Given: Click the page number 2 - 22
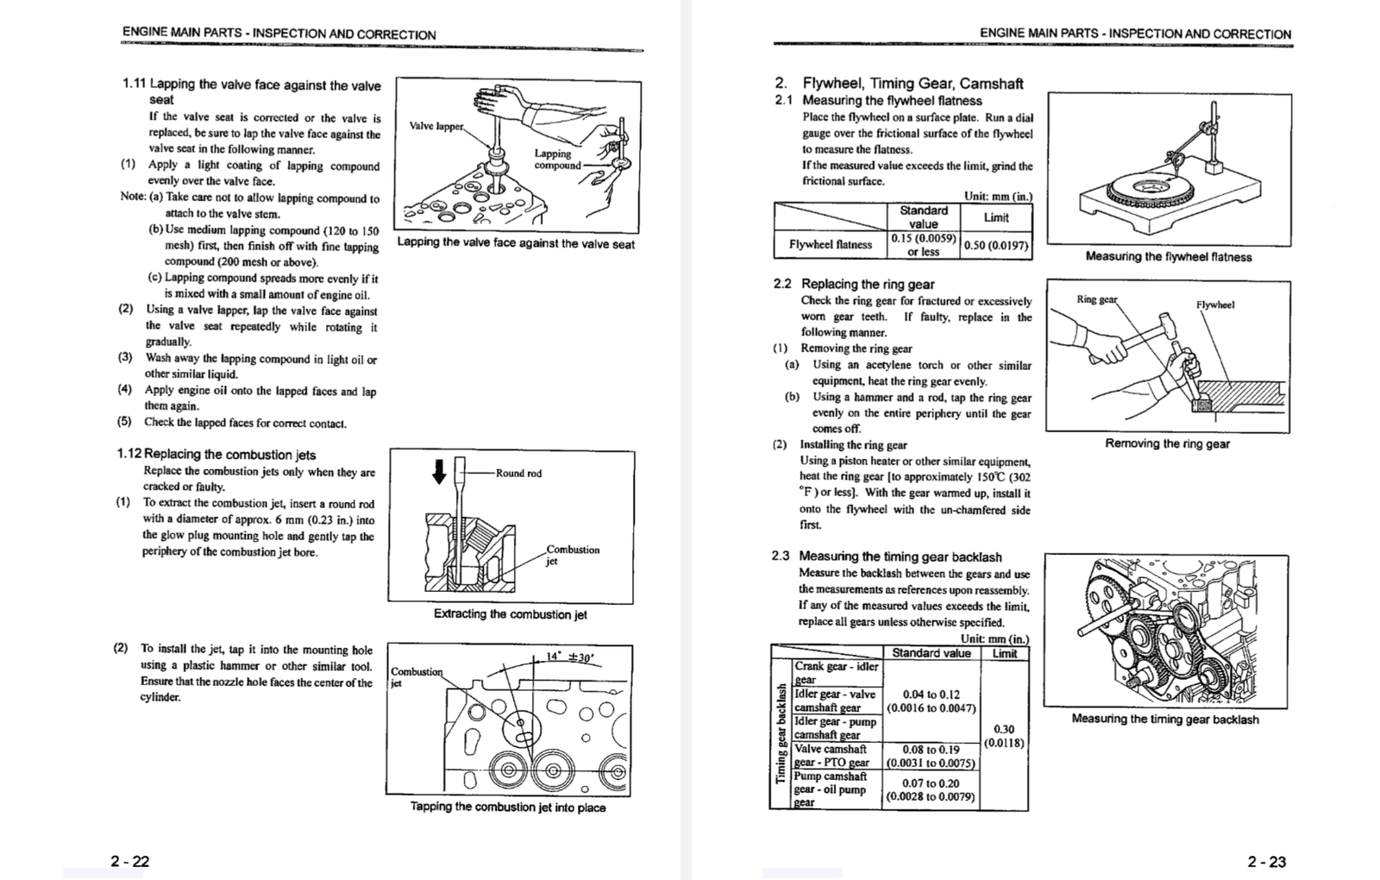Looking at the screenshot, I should coord(129,861).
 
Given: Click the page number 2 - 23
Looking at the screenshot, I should coord(1266,861).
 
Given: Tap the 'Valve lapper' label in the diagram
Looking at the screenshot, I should coord(436,126).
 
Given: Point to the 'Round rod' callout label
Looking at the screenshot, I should coord(518,473).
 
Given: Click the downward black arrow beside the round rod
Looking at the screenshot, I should coord(439,471).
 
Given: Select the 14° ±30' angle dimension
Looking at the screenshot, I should coord(570,657).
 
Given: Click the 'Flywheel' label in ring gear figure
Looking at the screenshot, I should coord(1214,305).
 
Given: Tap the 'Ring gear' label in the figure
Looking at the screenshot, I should coord(1096,299).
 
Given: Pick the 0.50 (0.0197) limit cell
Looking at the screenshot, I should coord(995,245).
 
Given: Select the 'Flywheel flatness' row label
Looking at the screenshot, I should coord(830,244).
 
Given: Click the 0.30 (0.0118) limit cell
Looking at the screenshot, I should coord(1004,735).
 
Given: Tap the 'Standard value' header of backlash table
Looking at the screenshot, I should coord(931,653).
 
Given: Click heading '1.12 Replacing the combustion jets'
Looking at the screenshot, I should coord(216,454).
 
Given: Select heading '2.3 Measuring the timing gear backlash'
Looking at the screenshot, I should coord(887,556).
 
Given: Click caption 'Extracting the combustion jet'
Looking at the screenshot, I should coord(510,614).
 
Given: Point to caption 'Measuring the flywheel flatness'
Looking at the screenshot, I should coord(1168,256).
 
